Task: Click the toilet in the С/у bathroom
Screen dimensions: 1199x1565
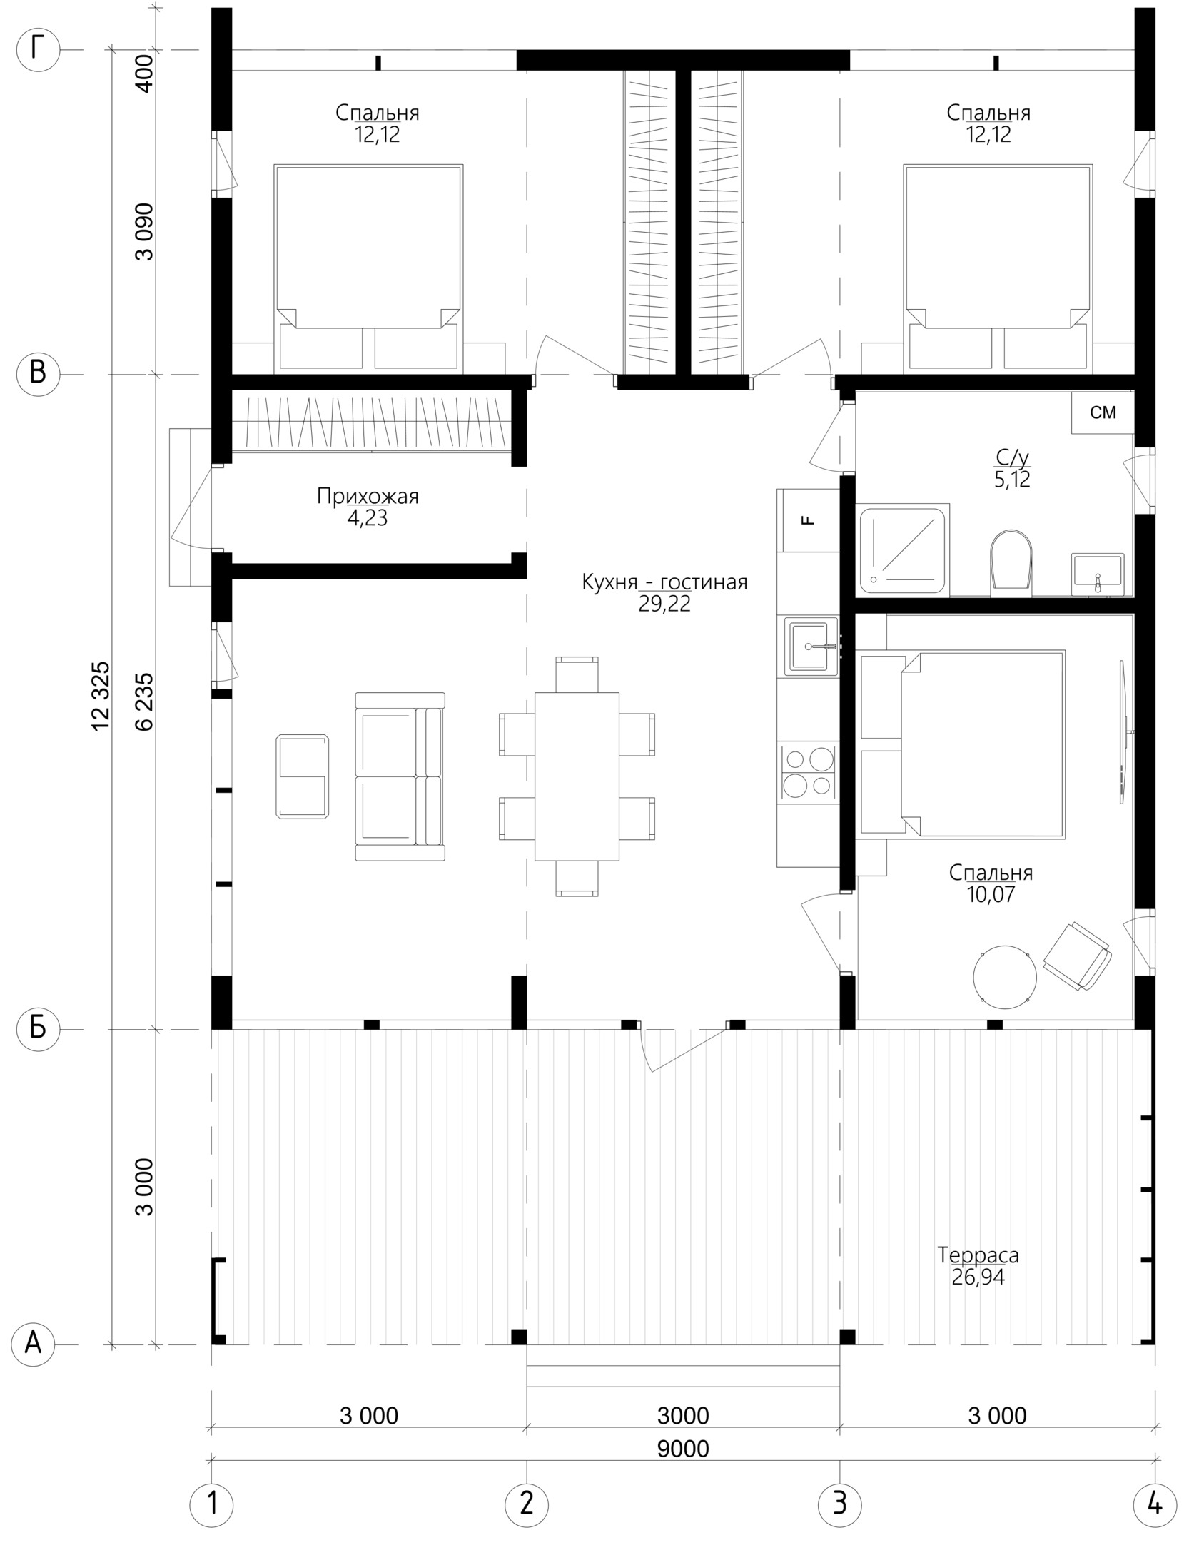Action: (1011, 563)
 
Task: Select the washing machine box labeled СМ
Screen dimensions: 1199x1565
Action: (1103, 412)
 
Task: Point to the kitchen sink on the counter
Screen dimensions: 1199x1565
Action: (811, 647)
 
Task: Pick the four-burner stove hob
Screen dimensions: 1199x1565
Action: (809, 772)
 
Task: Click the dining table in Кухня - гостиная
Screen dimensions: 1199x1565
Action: (577, 776)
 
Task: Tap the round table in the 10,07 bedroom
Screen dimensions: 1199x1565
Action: (1005, 977)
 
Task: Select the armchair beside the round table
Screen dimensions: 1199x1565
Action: (1077, 956)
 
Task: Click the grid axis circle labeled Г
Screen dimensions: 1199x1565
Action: (38, 50)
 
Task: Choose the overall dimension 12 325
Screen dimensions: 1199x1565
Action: (101, 696)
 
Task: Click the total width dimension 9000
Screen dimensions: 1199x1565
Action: (683, 1449)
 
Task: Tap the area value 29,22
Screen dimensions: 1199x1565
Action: (664, 604)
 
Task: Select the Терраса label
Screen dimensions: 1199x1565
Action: (978, 1254)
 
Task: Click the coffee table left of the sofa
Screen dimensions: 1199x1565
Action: (303, 776)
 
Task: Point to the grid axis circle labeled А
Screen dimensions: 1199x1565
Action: (34, 1346)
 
